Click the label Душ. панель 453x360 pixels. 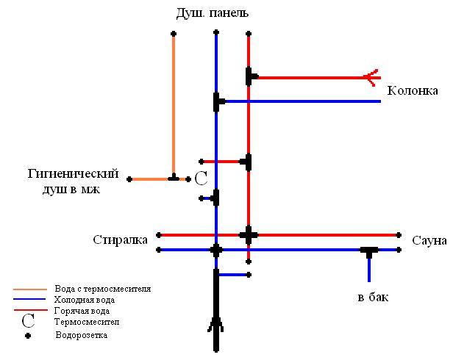(213, 13)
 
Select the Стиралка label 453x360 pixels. (121, 239)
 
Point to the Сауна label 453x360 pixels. (429, 240)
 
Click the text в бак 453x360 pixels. (373, 298)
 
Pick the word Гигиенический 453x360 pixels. (73, 174)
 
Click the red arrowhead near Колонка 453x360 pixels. (372, 76)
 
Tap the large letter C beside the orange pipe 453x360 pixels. (201, 179)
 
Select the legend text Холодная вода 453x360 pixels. (84, 300)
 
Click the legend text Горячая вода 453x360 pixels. (82, 311)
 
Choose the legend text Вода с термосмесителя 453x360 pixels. (103, 289)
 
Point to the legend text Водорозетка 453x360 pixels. (82, 335)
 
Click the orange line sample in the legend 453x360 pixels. (30, 289)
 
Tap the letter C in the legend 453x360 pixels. (29, 320)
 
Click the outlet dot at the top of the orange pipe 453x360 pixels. (174, 34)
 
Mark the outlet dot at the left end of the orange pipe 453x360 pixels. (129, 179)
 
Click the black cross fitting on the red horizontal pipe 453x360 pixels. (249, 235)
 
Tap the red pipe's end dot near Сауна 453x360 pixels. (399, 235)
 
